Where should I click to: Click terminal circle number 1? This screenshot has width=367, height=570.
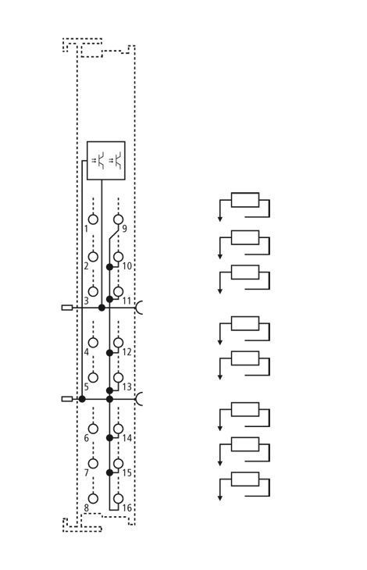point(94,219)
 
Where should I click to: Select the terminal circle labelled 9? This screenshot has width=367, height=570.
point(118,219)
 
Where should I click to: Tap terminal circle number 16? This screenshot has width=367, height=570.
point(118,499)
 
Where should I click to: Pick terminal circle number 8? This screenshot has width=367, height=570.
point(94,499)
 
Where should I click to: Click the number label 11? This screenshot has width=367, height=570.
point(126,301)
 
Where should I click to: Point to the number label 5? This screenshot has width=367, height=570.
point(87,387)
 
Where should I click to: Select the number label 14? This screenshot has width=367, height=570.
point(126,438)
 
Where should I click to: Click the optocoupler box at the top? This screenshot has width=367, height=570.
point(106,160)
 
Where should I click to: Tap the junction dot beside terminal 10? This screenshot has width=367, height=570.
point(109,267)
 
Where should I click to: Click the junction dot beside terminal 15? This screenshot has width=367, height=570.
point(109,472)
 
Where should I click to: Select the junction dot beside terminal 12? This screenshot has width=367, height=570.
point(109,353)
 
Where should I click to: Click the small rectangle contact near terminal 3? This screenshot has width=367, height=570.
point(67,308)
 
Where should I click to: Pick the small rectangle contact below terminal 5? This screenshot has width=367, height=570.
point(67,399)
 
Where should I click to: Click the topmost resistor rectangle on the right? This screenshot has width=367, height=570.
point(245,200)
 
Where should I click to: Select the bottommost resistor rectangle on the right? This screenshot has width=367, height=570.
point(245,479)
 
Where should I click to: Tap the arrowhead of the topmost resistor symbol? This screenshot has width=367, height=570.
point(220,219)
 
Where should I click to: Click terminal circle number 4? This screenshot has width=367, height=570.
point(94,343)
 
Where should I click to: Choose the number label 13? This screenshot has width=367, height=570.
point(126,387)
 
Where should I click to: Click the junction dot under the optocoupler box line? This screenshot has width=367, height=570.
point(102,308)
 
